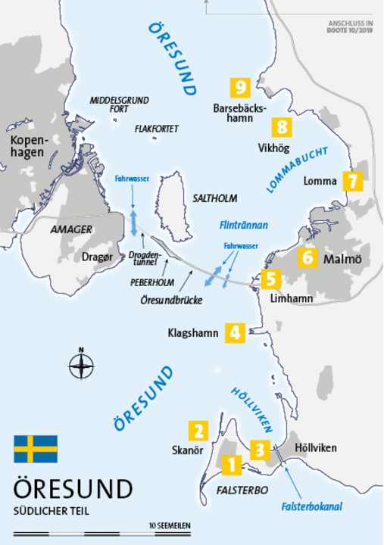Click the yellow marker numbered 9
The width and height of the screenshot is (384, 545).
[242, 88]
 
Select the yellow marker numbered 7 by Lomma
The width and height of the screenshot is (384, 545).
[353, 181]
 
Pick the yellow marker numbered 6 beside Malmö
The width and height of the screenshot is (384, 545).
[308, 257]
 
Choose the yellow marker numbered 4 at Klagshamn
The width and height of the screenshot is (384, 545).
[236, 332]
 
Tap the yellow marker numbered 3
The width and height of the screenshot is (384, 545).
[260, 450]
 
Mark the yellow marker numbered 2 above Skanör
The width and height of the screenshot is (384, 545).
[198, 431]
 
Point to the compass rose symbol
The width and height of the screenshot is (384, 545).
[81, 366]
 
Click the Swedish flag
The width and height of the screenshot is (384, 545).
[36, 449]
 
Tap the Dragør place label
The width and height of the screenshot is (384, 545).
[98, 257]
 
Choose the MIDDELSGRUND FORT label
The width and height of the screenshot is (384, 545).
[120, 104]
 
